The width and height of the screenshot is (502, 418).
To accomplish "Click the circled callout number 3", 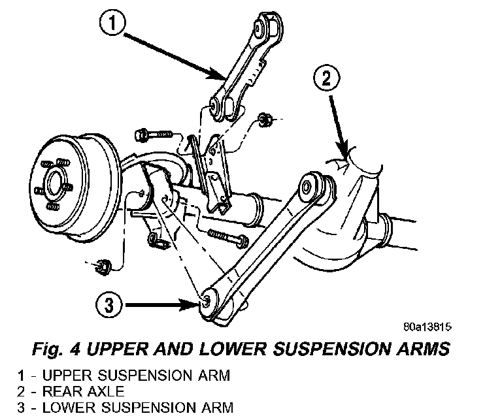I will pos(109,305).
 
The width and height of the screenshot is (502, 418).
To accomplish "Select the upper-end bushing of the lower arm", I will pos(307,185).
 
